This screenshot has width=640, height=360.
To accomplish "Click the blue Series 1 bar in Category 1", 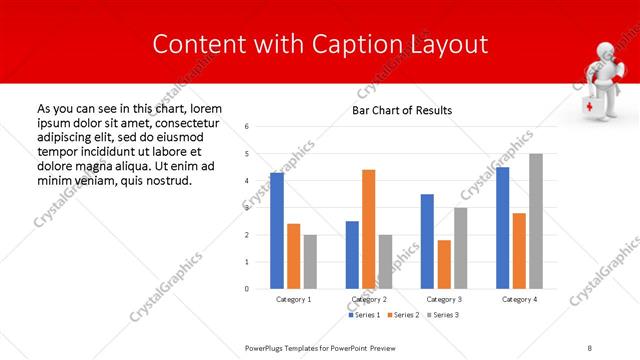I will (277, 230).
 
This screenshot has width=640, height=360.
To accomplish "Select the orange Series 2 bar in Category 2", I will (369, 229).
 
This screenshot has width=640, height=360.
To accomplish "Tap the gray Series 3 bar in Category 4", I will (536, 221).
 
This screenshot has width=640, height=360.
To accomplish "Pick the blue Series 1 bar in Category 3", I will (427, 241).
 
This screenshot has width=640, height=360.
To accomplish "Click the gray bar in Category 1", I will (310, 261).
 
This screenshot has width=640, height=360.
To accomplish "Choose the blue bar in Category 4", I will (503, 228).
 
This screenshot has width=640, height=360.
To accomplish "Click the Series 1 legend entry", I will (364, 315).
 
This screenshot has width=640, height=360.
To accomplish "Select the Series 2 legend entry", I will (403, 315).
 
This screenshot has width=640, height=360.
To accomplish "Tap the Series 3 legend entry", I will (443, 315).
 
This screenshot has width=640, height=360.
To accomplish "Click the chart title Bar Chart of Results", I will (402, 110).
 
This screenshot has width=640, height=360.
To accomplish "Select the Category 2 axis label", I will (369, 299).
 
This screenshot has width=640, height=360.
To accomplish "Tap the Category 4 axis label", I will (519, 299).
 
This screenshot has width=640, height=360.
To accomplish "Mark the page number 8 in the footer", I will (590, 347).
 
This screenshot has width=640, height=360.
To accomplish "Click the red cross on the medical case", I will (590, 107).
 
